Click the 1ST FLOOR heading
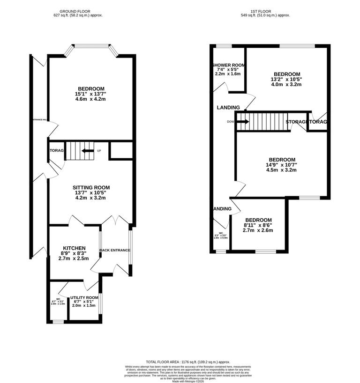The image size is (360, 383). point(263,11)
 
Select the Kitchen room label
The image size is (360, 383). point(74,248)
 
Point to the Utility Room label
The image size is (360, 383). point(84,298)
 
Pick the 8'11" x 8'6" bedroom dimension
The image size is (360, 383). point(258,225)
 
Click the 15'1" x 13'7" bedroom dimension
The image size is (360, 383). point(91,94)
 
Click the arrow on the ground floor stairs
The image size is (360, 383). point(86,151)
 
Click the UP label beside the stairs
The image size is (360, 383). point(99,151)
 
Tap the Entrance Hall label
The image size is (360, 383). point(39,119)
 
